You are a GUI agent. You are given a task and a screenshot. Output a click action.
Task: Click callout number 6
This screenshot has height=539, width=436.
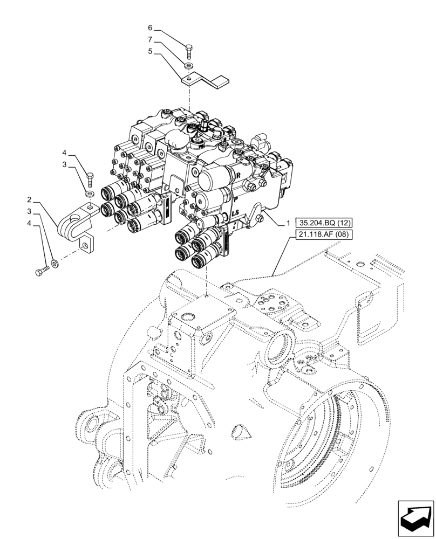tap(150, 27)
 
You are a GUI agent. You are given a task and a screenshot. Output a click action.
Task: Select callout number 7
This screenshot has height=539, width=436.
tap(150, 40)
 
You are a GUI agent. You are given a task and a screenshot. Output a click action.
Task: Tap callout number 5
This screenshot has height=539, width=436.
tap(150, 52)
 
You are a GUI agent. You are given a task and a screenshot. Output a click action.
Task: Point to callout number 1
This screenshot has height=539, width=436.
tap(289, 223)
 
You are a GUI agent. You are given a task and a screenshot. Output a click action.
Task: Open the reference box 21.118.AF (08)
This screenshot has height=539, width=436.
tap(322, 234)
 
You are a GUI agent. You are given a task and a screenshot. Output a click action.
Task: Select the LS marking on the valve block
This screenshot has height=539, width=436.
tap(235, 214)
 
